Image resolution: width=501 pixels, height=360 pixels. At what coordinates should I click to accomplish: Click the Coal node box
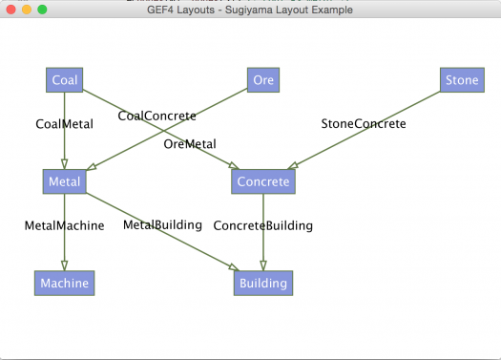pos(65,80)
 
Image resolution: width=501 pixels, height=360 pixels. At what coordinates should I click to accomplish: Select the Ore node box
pos(263,80)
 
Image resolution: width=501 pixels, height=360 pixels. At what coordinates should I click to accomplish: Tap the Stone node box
pos(462,80)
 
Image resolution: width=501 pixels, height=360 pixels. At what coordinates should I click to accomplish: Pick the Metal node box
pos(64,181)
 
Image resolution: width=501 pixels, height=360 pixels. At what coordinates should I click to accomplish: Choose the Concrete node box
pos(263,181)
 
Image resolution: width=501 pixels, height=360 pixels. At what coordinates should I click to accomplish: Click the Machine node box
pos(64,283)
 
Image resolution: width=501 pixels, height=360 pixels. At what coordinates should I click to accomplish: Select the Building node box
pos(263,283)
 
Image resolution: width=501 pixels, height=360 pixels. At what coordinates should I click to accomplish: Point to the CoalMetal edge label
pos(64,123)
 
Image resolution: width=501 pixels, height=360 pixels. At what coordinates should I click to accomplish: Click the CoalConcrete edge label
pos(157,116)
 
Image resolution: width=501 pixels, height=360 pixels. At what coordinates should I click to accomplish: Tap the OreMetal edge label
pos(190,144)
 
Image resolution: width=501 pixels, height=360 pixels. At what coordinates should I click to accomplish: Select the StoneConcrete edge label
pos(364,123)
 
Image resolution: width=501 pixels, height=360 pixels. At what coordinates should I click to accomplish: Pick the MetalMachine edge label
pos(64,225)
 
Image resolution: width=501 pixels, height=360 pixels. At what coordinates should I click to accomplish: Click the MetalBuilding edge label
pos(162,224)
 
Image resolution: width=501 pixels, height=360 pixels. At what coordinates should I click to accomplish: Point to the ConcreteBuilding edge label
pos(263,225)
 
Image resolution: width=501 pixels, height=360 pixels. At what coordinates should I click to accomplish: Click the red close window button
pos(10,9)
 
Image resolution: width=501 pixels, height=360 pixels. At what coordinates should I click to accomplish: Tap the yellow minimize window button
pos(27,9)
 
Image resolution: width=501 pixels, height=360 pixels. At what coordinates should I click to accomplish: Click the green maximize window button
pos(42,9)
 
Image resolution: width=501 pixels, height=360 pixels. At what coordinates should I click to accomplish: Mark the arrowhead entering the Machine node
pos(64,266)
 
